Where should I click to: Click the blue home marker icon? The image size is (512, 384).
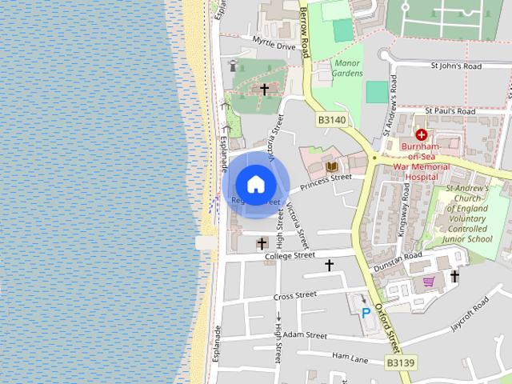coord(255,184)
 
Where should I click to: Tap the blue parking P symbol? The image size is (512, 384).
coord(366,313)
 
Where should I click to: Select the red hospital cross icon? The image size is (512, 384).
coord(421,135)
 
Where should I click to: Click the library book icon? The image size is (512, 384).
coord(331,166)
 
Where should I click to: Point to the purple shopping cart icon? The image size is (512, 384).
coord(429,282)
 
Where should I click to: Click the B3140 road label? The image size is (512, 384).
coord(332,120)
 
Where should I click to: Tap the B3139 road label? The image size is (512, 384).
coord(401,362)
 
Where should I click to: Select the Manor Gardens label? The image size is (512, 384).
coord(348,68)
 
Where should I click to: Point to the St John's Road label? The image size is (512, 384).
coord(456,66)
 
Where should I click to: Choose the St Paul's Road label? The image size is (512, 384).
coord(450,110)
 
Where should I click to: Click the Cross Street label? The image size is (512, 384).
coord(294,295)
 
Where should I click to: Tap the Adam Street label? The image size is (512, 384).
coord(305,334)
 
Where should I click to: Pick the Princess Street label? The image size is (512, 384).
coord(326,182)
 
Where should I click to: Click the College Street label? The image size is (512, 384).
coord(290,256)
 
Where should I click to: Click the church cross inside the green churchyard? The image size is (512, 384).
coord(264,89)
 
